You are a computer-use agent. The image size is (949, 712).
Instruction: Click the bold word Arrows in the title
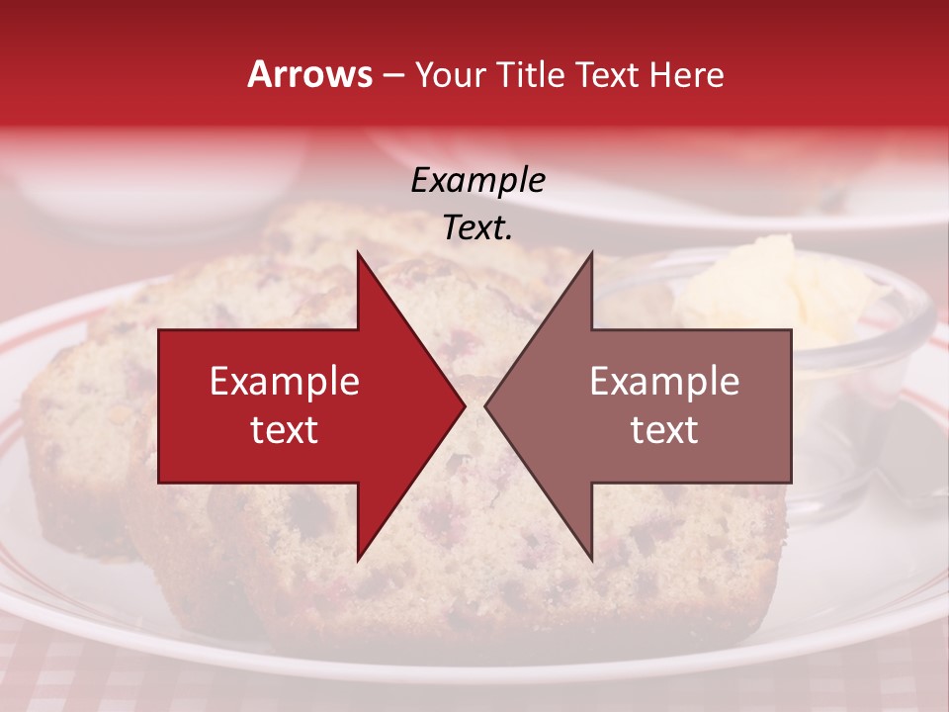tap(310, 74)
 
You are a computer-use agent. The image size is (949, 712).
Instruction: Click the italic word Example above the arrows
tap(478, 180)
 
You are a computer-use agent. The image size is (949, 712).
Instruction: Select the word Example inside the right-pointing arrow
tap(285, 382)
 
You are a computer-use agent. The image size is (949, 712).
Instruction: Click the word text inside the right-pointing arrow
tap(285, 430)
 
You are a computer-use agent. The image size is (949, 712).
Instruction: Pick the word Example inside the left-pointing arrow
tap(664, 382)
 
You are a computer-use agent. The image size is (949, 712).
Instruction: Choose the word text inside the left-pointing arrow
tap(664, 430)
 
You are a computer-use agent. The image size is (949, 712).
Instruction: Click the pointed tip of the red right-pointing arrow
tap(464, 405)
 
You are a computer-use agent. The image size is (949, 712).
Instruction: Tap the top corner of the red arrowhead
tap(358, 253)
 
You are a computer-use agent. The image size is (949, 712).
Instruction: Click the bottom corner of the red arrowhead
tap(358, 560)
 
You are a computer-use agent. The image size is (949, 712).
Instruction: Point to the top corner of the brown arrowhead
tap(591, 253)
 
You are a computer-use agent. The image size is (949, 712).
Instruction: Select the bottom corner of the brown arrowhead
tap(591, 560)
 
